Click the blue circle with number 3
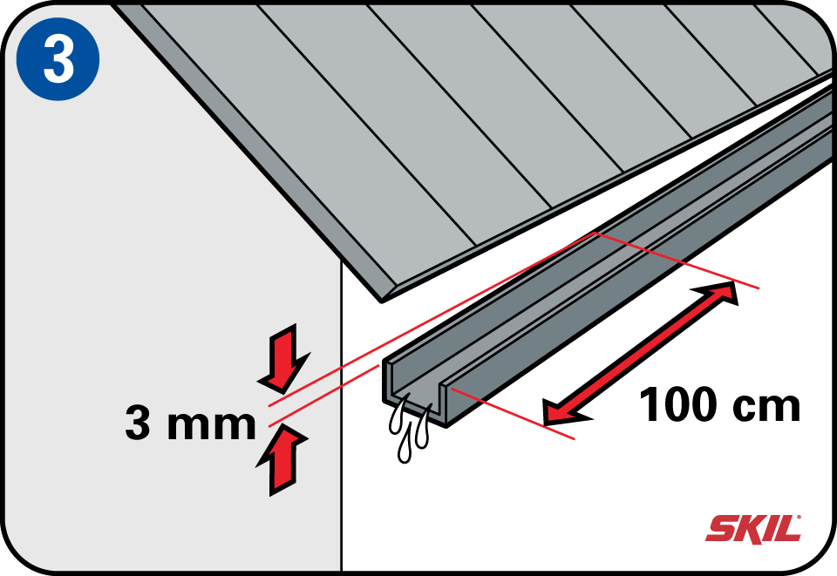click(58, 58)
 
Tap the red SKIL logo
click(752, 528)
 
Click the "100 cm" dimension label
click(720, 405)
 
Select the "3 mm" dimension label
click(190, 424)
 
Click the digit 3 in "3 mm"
click(139, 424)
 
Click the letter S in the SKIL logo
click(721, 529)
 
